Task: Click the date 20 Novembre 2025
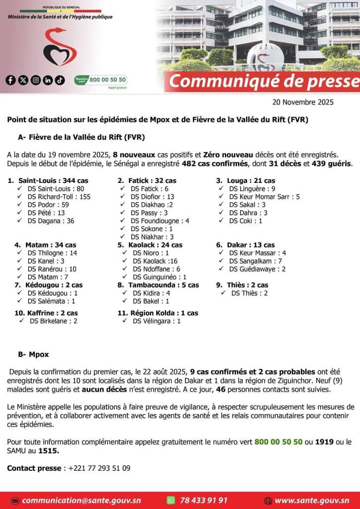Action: click(x=303, y=102)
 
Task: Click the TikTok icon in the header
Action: click(x=60, y=80)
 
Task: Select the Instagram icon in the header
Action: click(x=36, y=80)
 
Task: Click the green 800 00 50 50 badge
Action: click(x=101, y=80)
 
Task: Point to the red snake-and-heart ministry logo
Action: click(x=60, y=47)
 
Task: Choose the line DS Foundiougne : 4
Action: click(x=160, y=221)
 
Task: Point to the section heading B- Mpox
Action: click(x=33, y=354)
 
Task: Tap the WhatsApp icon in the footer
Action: click(x=171, y=500)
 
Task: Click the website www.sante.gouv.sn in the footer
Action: click(x=312, y=500)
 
